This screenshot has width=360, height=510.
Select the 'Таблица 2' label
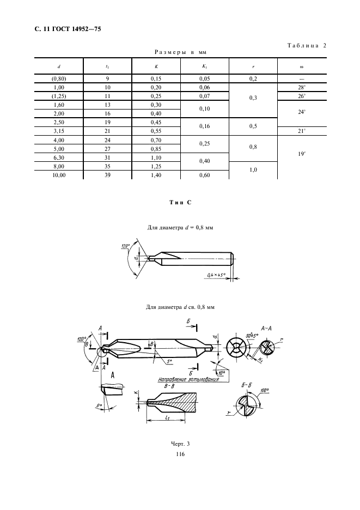pos(307,46)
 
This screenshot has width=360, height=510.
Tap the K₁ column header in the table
pos(204,66)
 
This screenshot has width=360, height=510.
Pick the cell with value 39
pos(108,175)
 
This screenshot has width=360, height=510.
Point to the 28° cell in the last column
pos(302,87)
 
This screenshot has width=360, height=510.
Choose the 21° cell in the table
pos(302,131)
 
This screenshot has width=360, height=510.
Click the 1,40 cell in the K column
pos(156,175)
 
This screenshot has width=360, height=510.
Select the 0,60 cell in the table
pos(205,175)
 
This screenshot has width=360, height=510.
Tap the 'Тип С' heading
pos(180,203)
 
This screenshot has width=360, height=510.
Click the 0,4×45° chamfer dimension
pos(216,276)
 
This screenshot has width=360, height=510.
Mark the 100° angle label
pos(265,390)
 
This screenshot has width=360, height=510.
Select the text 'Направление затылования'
pos(188,379)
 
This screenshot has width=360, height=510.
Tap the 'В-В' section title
pos(169,386)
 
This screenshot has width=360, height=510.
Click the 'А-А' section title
pos(266,328)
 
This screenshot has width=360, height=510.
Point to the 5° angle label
pos(169,361)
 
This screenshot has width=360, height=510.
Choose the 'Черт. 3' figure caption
pos(180,444)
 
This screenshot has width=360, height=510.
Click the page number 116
pos(180,454)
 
